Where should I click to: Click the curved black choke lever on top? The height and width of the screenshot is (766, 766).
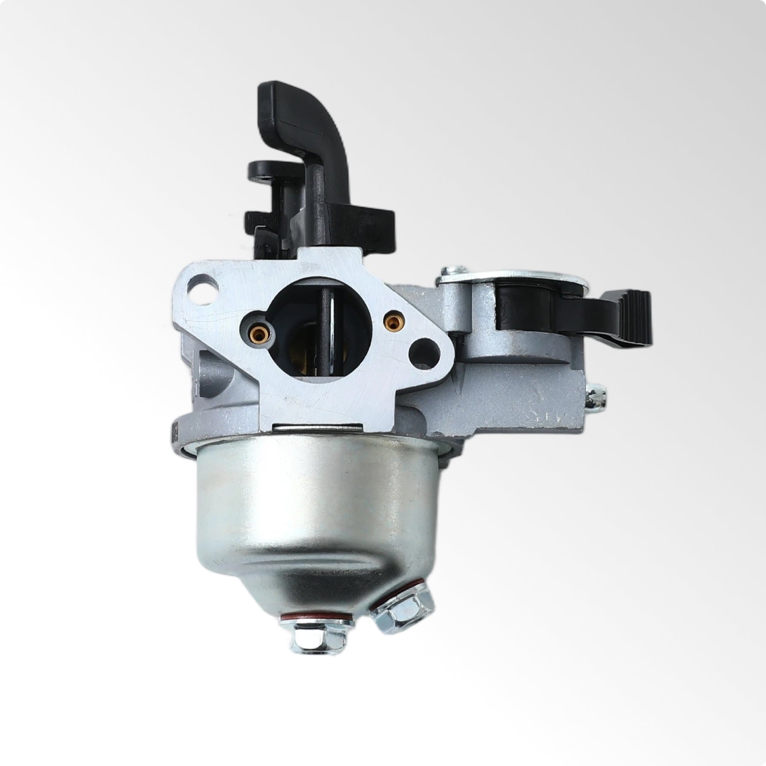[298, 111]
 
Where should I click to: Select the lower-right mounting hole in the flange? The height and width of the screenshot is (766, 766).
[424, 351]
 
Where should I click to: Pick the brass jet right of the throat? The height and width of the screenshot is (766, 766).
[389, 323]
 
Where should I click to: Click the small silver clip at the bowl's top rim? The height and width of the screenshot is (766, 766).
[317, 428]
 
